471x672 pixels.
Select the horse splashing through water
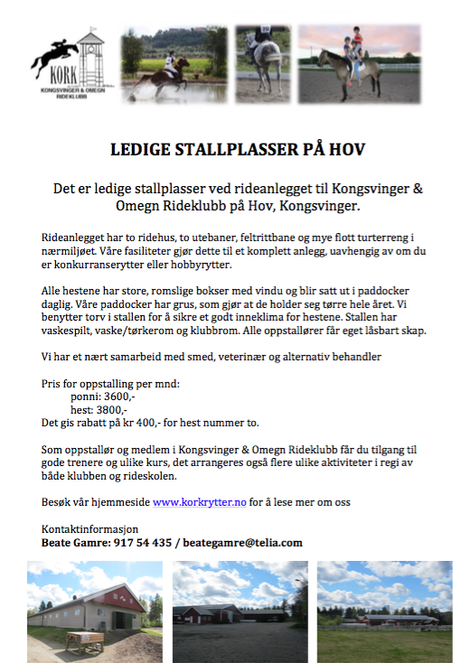166,78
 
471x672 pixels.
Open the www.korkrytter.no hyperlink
199,501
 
